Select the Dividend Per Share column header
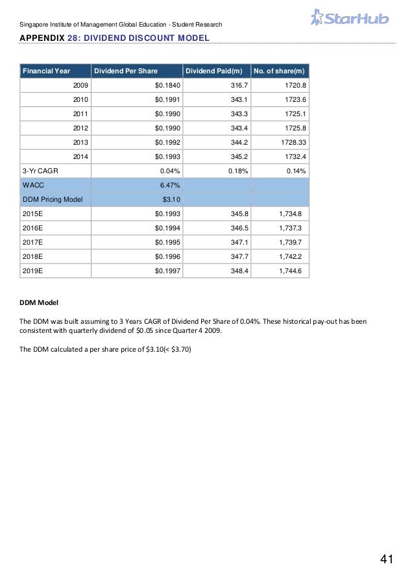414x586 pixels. point(126,70)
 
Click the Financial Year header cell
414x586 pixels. point(46,70)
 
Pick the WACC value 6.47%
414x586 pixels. point(170,185)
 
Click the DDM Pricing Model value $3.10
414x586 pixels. point(171,199)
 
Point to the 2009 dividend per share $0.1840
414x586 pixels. point(167,85)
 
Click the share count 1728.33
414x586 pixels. point(293,142)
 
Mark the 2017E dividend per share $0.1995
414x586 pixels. point(167,242)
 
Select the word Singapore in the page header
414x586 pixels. point(35,25)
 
